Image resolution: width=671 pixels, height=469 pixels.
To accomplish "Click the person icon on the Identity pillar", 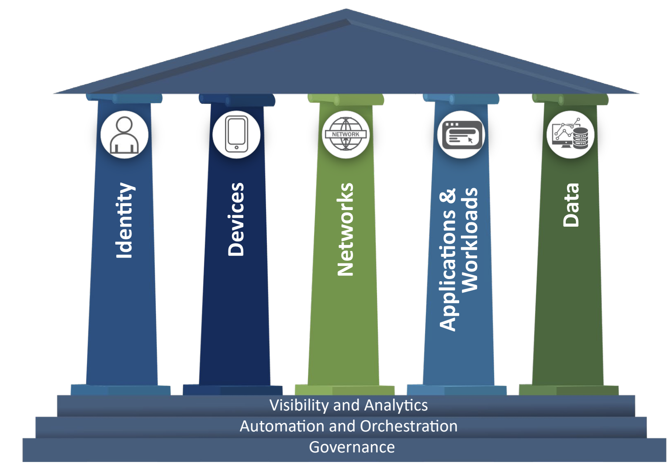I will click(x=125, y=134).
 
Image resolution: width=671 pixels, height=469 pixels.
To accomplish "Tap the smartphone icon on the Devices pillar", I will click(x=236, y=134).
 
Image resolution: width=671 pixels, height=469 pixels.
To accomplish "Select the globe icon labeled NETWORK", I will click(x=346, y=134).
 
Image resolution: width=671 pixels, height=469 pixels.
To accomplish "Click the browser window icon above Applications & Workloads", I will click(x=461, y=134).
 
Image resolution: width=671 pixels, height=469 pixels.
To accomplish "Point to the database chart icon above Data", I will click(x=570, y=134).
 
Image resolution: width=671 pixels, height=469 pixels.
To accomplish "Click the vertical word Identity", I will click(x=125, y=221).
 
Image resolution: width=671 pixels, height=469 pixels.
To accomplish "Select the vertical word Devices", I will click(x=236, y=219).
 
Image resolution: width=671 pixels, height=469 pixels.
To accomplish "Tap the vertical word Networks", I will click(x=346, y=230).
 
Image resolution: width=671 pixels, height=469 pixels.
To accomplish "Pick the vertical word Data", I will click(x=571, y=205).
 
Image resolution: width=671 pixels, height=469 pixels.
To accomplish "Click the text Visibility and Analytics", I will click(x=348, y=405).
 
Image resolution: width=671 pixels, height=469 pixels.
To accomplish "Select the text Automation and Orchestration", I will click(x=348, y=426).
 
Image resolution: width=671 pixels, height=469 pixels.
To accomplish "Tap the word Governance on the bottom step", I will click(x=352, y=447).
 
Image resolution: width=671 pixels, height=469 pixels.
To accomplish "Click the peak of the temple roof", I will click(x=346, y=10).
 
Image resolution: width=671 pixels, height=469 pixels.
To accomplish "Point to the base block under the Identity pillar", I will click(x=121, y=390).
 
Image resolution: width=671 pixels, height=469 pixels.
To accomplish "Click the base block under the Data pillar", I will click(x=568, y=390).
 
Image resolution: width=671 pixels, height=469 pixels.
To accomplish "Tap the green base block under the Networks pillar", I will click(x=344, y=390).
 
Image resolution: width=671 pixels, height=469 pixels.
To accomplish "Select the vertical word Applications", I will click(x=448, y=259).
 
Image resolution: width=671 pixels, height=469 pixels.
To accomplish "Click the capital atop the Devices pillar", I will click(x=237, y=99).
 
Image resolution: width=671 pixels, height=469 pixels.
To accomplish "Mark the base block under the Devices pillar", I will click(x=232, y=390).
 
